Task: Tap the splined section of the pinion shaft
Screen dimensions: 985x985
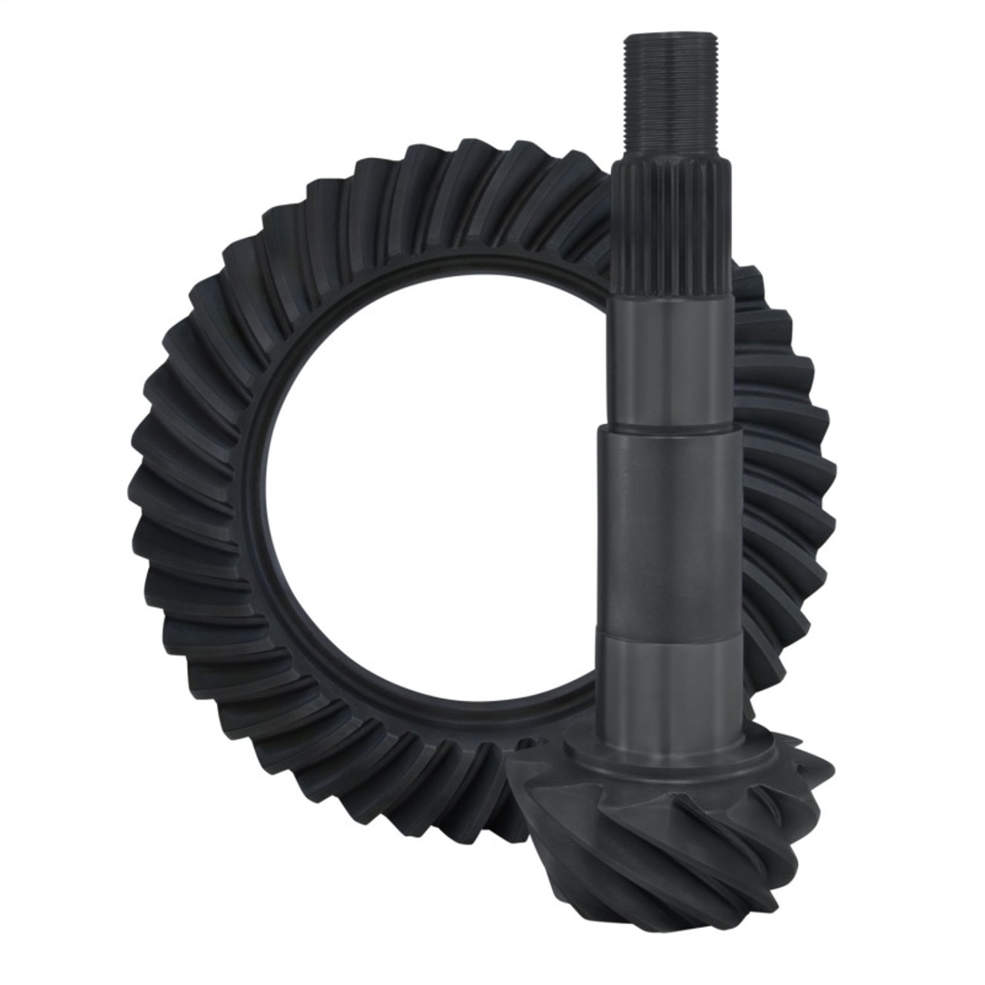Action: (x=663, y=231)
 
